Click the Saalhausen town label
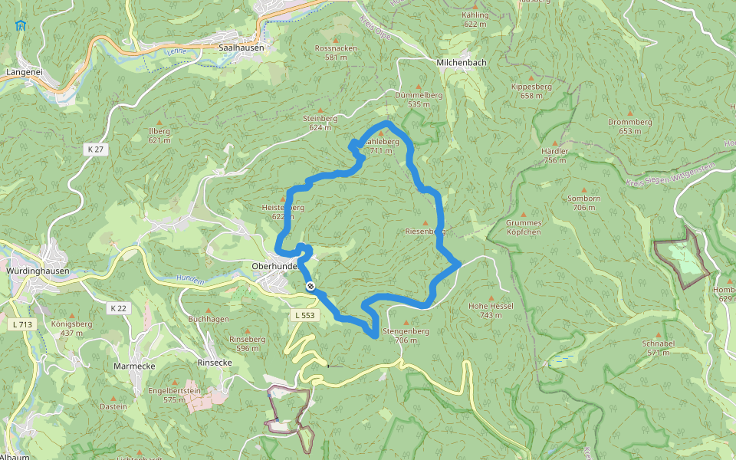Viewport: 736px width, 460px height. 241,48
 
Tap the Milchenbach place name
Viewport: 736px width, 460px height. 461,62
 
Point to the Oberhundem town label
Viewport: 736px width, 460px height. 274,266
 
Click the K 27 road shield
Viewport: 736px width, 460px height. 95,149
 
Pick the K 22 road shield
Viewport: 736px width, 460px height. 117,308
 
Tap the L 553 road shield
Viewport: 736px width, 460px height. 304,315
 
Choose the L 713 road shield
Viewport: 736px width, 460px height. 22,324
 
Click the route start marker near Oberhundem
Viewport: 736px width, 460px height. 310,286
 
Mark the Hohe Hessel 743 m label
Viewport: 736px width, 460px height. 491,310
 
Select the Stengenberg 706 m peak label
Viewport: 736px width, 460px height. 406,336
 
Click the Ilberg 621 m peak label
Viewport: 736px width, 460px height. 159,136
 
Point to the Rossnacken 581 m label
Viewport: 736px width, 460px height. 336,52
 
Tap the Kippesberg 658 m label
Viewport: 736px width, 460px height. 531,91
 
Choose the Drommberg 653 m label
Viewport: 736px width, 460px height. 629,127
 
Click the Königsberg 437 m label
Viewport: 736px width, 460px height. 71,328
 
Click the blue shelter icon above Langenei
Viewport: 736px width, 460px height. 19,25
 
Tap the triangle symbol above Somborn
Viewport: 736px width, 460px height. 584,189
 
